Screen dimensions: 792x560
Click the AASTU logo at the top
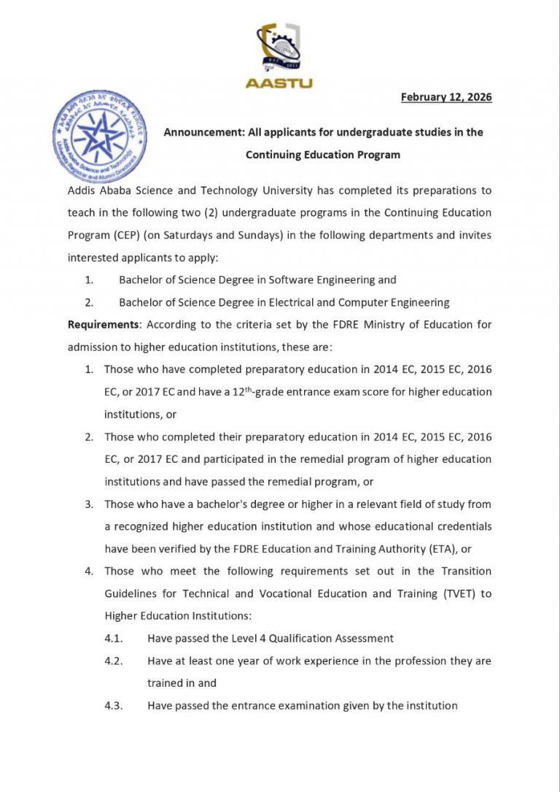(279, 55)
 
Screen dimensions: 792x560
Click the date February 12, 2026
(446, 97)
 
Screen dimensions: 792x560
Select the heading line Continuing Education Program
(323, 155)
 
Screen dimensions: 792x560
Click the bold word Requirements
(103, 324)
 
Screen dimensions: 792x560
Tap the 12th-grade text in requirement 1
(260, 391)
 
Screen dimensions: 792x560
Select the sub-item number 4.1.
(113, 638)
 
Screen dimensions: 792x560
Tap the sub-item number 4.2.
(113, 661)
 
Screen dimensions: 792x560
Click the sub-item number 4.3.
(113, 705)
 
